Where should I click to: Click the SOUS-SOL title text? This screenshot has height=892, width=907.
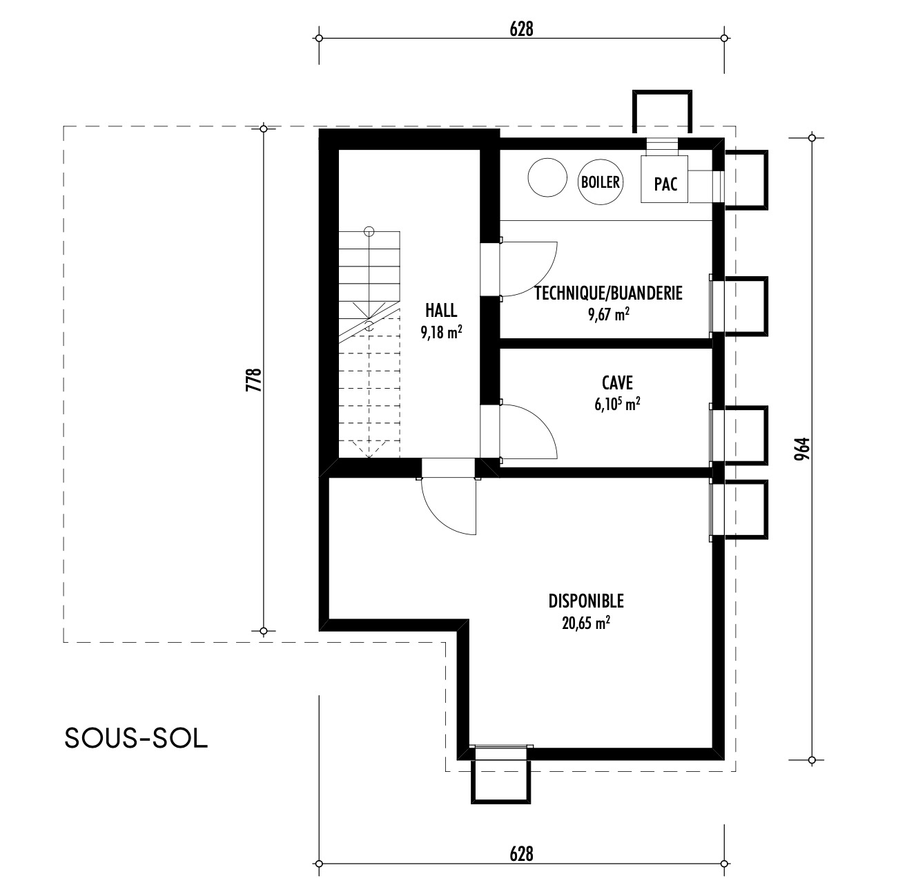[136, 738]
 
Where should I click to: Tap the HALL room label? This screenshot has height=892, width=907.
[441, 310]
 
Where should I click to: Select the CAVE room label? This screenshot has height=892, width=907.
[617, 382]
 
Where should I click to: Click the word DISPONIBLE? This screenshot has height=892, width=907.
[586, 600]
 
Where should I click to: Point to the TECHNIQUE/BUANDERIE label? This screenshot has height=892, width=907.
[609, 293]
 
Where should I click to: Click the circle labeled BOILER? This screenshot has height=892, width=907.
[601, 182]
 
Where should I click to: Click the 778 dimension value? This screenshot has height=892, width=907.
[253, 380]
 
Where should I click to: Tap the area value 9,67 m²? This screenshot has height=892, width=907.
[609, 316]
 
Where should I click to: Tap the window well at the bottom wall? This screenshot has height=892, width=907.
[500, 775]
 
